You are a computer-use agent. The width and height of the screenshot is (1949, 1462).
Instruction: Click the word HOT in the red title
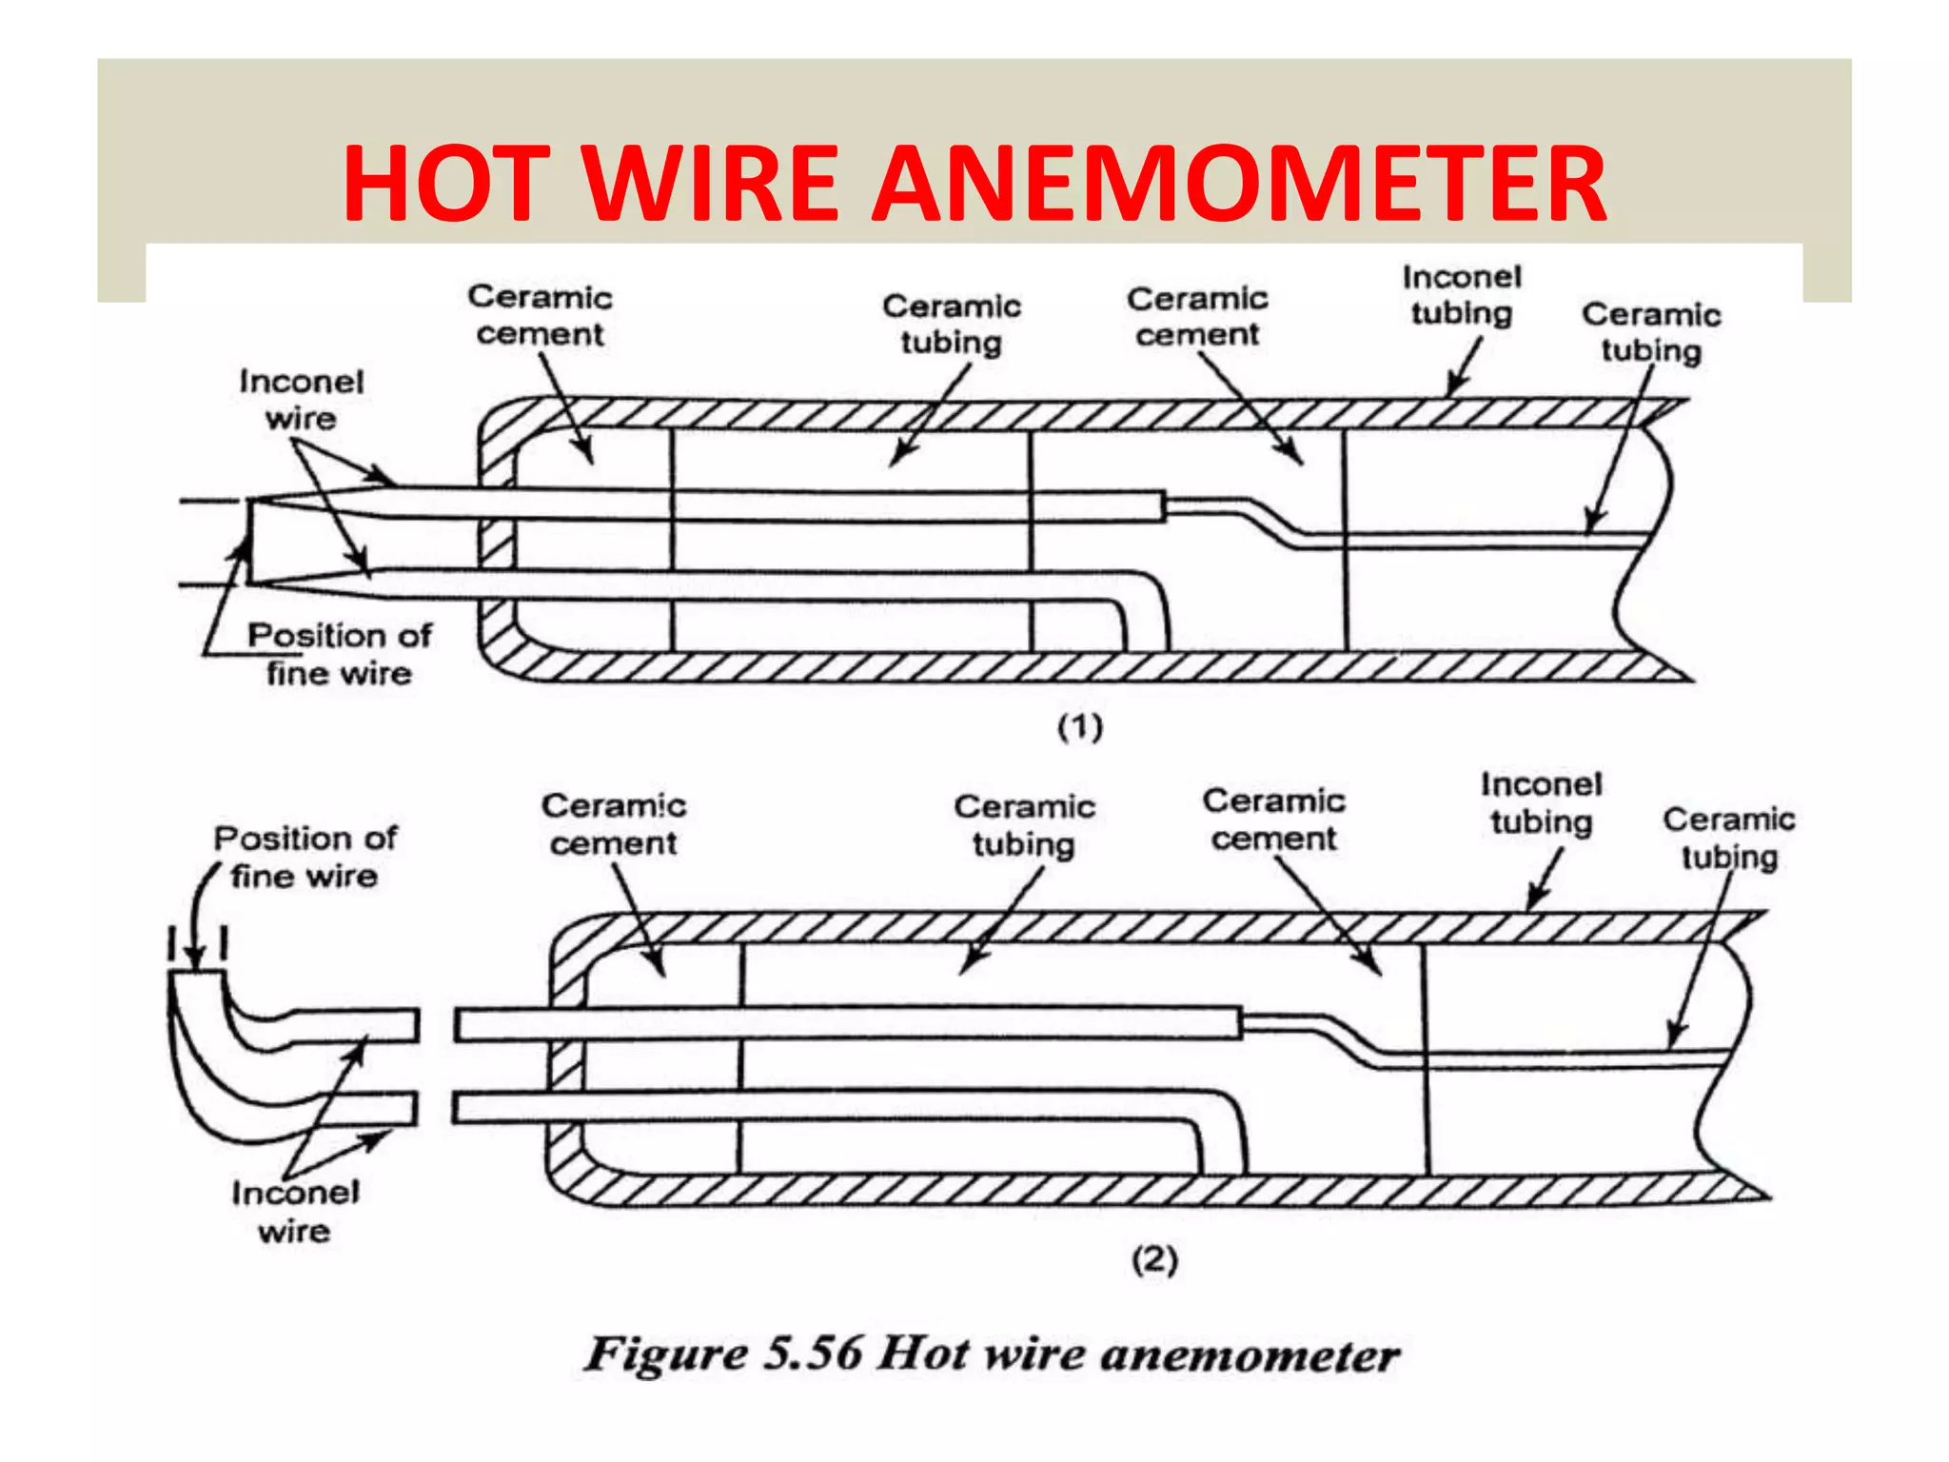(447, 183)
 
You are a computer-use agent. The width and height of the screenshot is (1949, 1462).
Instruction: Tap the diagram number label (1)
(1080, 727)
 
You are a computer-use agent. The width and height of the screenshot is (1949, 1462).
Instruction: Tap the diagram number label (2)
(1154, 1260)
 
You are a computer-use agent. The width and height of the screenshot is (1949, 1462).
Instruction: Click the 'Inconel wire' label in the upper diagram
(301, 400)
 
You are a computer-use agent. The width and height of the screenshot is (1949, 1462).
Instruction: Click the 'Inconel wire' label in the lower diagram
(295, 1212)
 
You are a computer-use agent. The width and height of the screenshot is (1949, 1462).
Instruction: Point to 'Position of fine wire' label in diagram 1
(339, 654)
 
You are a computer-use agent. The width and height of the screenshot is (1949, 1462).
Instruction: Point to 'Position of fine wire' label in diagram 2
(305, 857)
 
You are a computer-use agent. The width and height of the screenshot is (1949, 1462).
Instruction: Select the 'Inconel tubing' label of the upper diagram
(1462, 295)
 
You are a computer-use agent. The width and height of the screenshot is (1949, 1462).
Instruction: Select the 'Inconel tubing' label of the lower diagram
(1541, 802)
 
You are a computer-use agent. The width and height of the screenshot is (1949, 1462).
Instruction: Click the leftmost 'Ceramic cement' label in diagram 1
(540, 315)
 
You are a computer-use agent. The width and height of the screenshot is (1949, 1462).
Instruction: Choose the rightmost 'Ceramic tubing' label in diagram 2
(1728, 838)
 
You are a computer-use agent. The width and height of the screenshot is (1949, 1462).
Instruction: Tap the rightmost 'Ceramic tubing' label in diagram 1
(1651, 332)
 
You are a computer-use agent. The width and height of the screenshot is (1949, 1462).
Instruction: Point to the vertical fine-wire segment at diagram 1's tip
(249, 541)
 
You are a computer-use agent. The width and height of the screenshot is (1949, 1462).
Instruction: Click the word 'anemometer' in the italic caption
(1249, 1353)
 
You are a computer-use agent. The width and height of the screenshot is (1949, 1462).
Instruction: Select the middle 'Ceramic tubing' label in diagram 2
(1024, 825)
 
